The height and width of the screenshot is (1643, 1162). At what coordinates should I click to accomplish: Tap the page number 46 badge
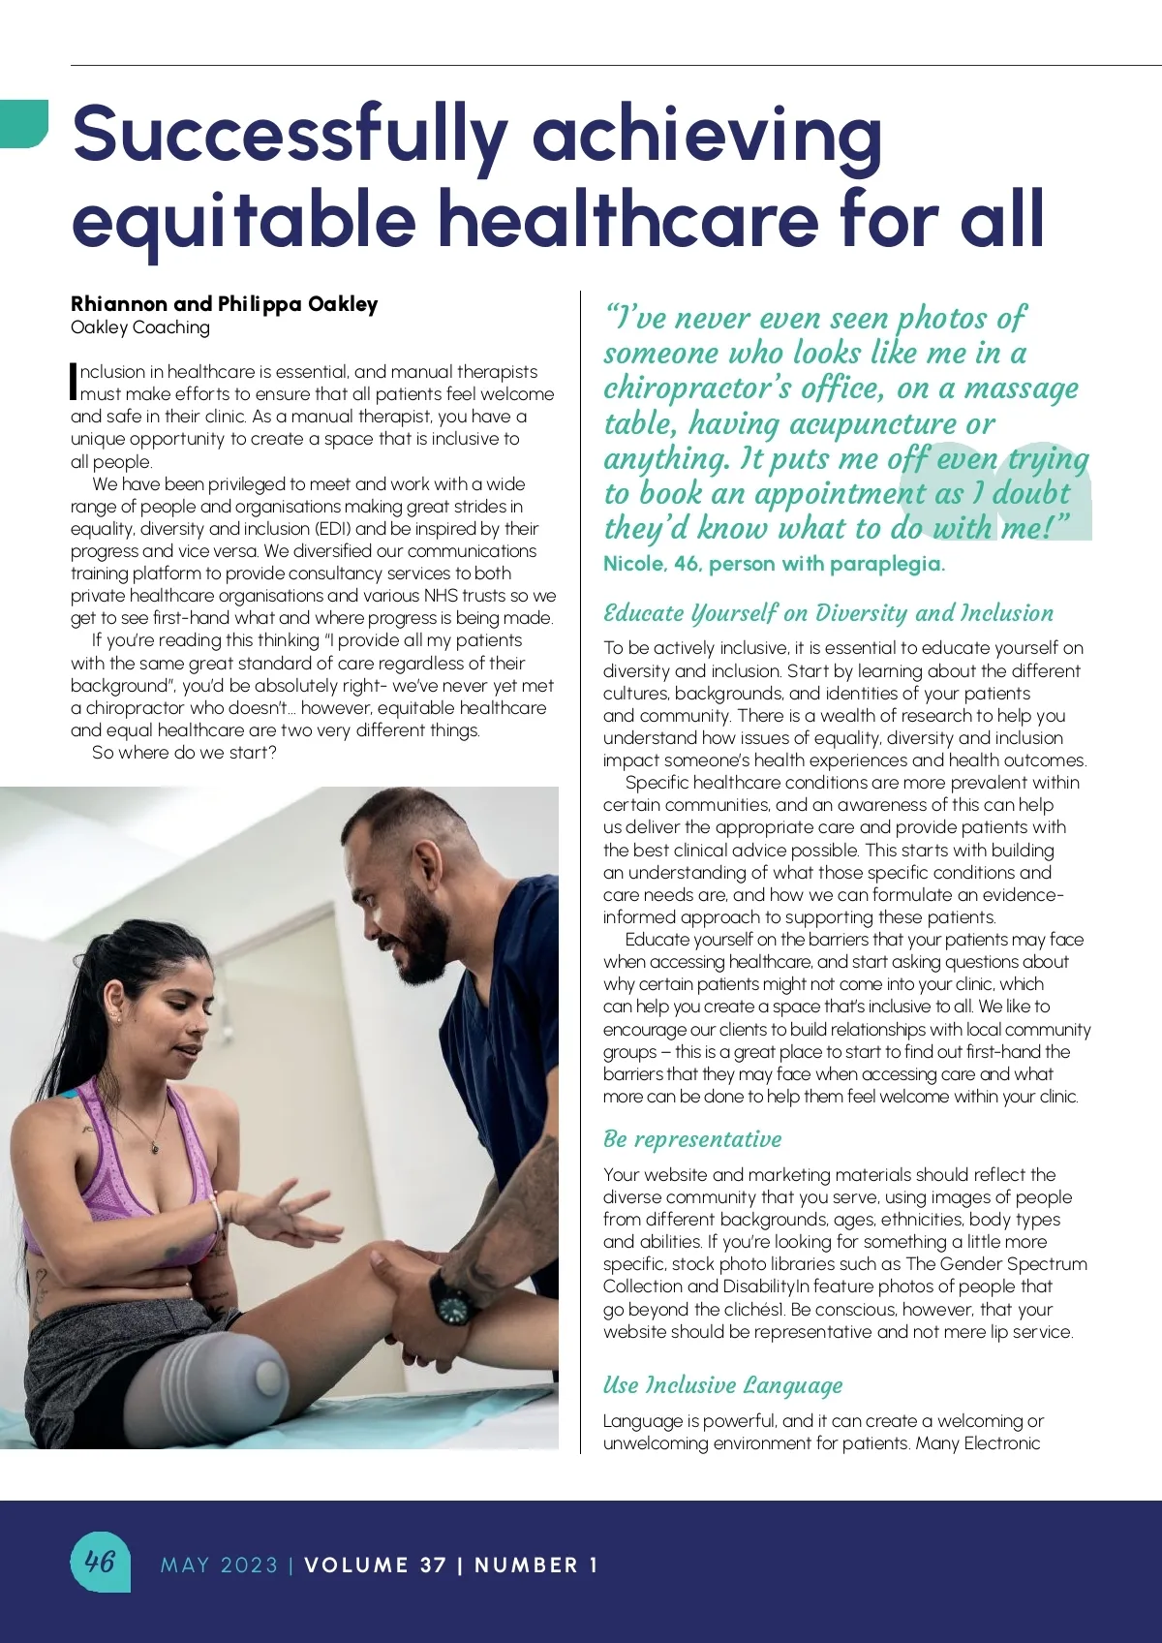[x=100, y=1561]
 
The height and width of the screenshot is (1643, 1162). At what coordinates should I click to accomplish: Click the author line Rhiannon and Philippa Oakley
[x=224, y=304]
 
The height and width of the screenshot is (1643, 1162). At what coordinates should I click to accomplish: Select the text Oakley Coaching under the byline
[x=139, y=327]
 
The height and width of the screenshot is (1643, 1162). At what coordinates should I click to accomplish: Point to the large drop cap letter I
[x=74, y=382]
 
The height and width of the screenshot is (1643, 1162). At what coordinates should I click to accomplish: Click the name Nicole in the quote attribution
[x=632, y=564]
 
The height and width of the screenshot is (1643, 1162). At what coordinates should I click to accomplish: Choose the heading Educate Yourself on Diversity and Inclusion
[x=828, y=613]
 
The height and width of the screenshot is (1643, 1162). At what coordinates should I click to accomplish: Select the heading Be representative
[x=691, y=1139]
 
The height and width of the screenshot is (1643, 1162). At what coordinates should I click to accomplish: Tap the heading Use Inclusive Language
[x=722, y=1385]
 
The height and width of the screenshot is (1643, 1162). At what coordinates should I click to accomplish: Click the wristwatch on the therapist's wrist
[x=451, y=1299]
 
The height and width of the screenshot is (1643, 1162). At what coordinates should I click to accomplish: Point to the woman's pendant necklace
[x=154, y=1149]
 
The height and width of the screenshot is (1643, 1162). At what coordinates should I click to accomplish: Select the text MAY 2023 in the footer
[x=219, y=1565]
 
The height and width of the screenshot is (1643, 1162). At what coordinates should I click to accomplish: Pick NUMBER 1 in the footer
[x=535, y=1565]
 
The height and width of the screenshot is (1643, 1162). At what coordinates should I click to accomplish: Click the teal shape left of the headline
[x=23, y=123]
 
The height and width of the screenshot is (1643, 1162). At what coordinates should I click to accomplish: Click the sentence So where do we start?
[x=184, y=753]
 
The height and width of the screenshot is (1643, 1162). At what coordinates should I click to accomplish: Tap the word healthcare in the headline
[x=629, y=219]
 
